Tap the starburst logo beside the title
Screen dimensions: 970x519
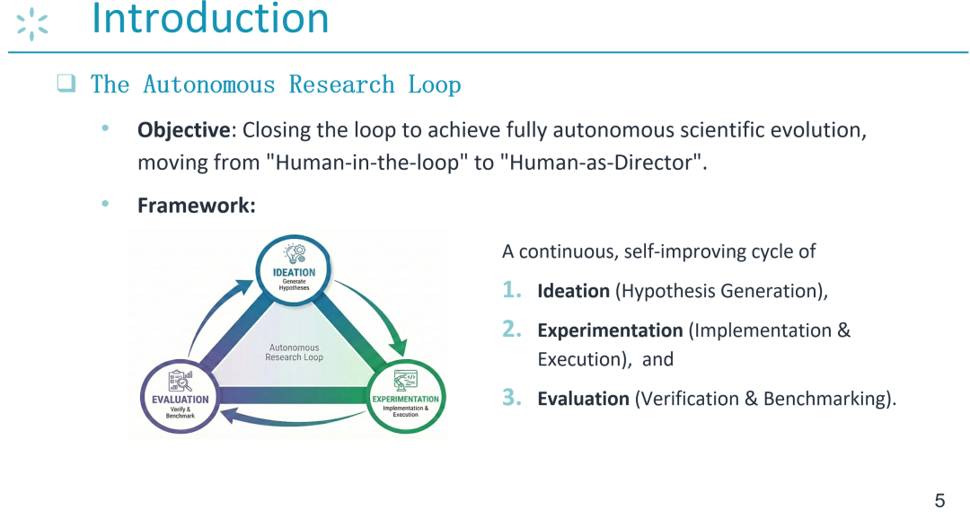click(x=32, y=25)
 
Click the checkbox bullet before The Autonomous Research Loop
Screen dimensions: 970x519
click(x=66, y=83)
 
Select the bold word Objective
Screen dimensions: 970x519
click(x=184, y=130)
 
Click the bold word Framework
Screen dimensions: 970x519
click(x=196, y=206)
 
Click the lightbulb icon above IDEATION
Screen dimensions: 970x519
click(x=295, y=253)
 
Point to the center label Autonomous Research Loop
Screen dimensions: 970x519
click(x=294, y=352)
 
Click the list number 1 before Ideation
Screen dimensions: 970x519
click(x=512, y=289)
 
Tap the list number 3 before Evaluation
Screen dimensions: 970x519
click(x=512, y=397)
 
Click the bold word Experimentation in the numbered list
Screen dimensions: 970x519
click(x=610, y=330)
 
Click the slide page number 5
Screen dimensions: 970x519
click(x=939, y=500)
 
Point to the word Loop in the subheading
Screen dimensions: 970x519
click(x=435, y=84)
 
